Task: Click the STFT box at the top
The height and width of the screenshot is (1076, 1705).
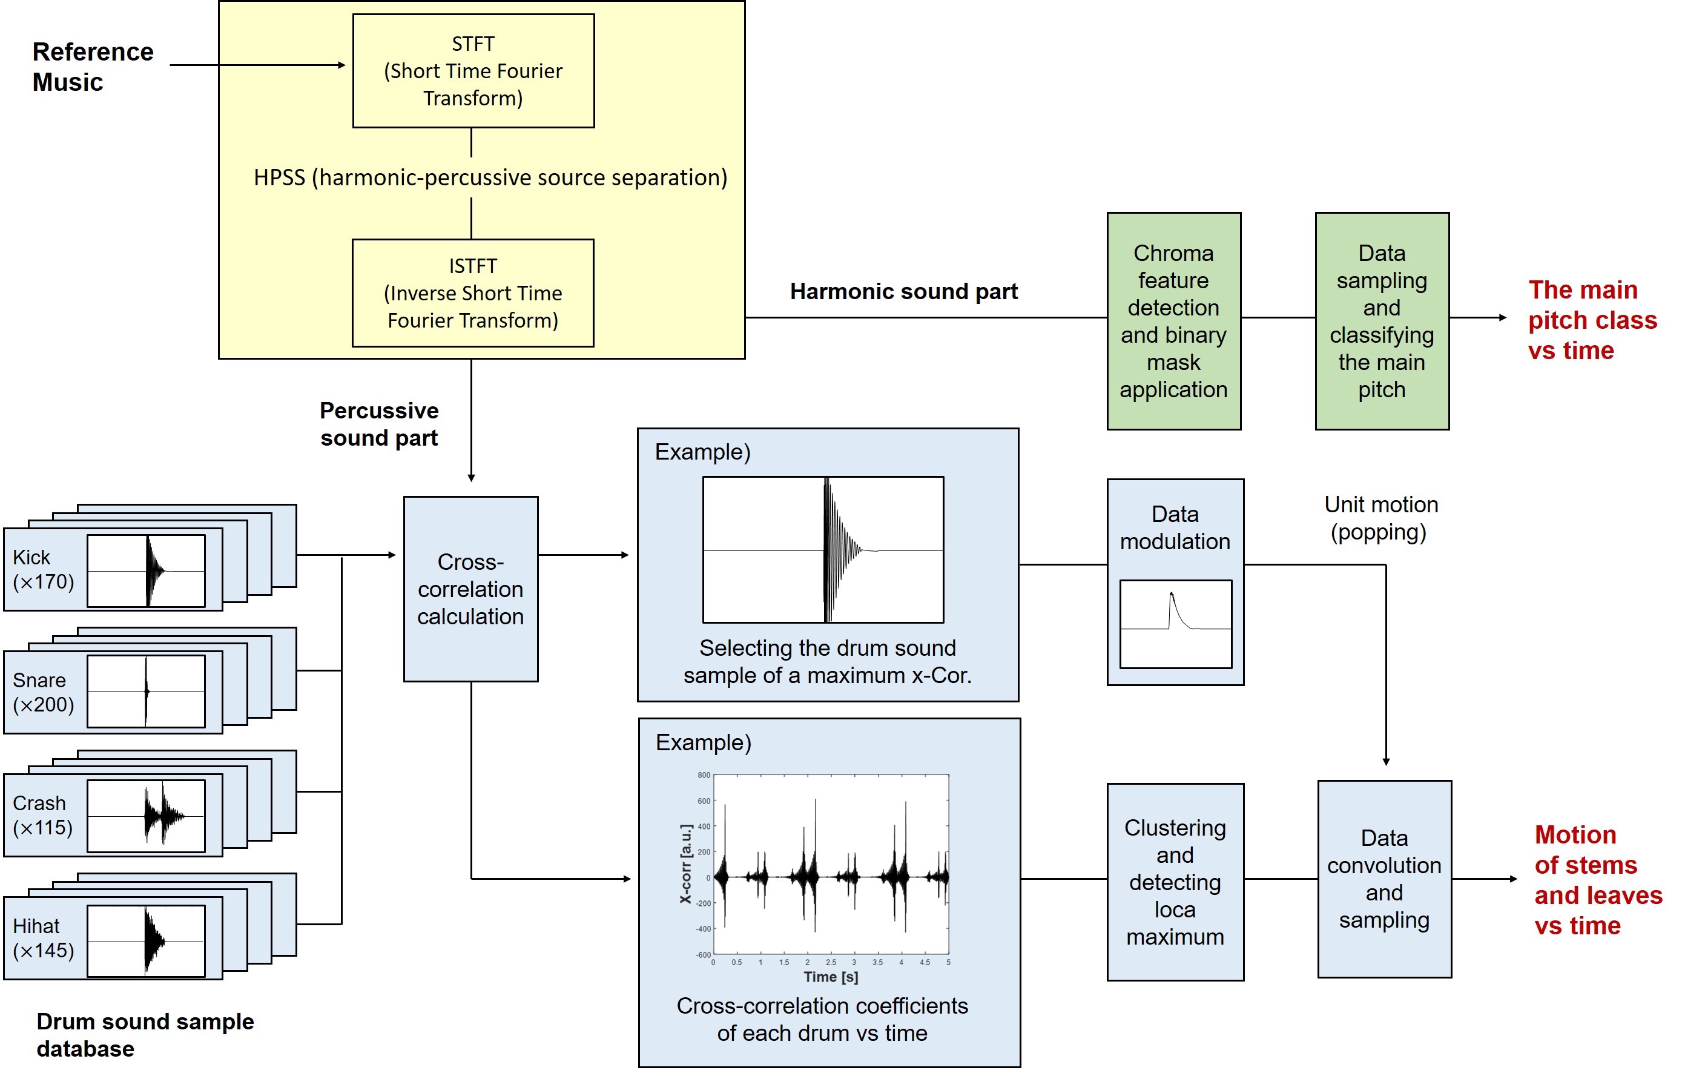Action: (x=473, y=71)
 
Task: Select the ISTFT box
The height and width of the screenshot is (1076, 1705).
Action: (x=473, y=293)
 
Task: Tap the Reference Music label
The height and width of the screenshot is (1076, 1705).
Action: (x=93, y=67)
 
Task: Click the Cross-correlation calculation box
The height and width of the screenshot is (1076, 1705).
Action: (x=470, y=589)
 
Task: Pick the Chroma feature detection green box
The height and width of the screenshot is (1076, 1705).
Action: (x=1173, y=322)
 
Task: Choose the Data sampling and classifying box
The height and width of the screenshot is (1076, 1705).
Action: (x=1382, y=322)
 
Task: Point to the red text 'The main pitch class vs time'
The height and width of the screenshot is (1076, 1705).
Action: (x=1592, y=320)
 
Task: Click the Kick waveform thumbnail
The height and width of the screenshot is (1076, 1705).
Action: (x=146, y=570)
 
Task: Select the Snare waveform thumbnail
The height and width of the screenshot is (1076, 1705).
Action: (x=146, y=691)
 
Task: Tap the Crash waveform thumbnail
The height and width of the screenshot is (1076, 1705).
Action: (x=146, y=816)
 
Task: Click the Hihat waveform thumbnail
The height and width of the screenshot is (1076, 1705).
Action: (x=146, y=941)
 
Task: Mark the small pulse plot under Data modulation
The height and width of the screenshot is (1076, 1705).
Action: (x=1175, y=624)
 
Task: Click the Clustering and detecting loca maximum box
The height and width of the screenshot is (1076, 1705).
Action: (x=1175, y=882)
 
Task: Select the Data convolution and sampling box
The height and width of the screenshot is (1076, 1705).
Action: (x=1383, y=879)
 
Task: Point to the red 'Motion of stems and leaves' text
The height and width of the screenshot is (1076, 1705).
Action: (x=1597, y=880)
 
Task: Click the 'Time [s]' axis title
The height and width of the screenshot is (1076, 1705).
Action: (x=831, y=977)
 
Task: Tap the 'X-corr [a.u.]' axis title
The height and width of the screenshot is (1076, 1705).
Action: (x=685, y=863)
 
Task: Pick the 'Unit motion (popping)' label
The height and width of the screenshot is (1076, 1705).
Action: (x=1380, y=518)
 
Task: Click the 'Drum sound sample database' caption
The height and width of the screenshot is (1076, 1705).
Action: (x=145, y=1035)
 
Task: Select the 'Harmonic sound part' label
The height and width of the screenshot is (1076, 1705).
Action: (x=903, y=292)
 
